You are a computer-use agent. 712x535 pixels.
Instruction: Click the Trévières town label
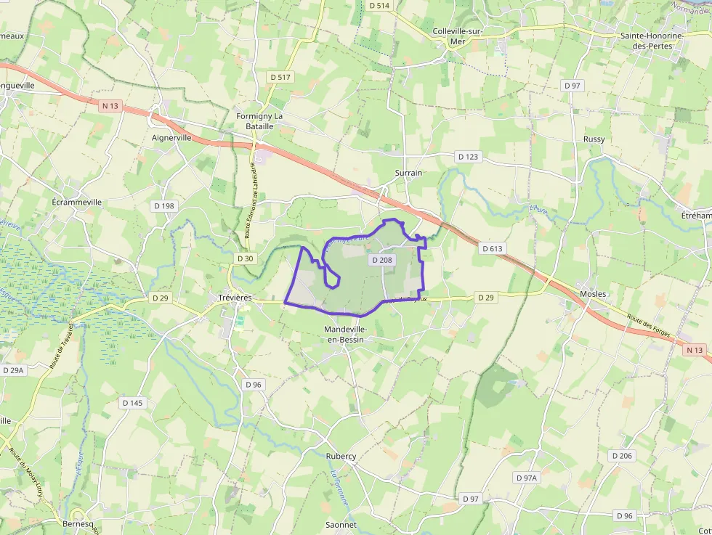tap(235, 297)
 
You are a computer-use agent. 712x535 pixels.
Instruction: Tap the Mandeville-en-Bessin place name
tap(346, 334)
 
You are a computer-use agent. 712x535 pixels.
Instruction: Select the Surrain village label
tap(408, 173)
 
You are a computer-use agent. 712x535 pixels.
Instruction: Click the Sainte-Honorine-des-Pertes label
tap(650, 40)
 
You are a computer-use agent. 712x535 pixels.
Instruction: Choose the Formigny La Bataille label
tap(259, 121)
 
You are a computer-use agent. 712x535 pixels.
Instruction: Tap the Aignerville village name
tap(171, 136)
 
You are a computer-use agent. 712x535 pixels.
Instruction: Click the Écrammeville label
tap(77, 202)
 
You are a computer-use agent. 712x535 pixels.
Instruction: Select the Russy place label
tap(594, 139)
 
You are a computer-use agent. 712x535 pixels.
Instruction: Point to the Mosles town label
tap(593, 293)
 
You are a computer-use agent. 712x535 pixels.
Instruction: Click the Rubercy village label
tap(341, 456)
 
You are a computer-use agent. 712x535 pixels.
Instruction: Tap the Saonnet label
tap(341, 524)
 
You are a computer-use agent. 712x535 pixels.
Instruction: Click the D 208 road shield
tap(381, 259)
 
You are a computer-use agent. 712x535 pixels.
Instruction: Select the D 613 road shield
tap(492, 248)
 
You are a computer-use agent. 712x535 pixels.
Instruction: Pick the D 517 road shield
tap(280, 77)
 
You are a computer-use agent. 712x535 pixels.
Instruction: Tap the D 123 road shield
tap(468, 156)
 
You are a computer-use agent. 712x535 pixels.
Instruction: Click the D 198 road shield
tap(164, 205)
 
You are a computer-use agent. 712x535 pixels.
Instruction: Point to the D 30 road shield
tap(246, 258)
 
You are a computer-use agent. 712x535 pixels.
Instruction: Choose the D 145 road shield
tap(132, 402)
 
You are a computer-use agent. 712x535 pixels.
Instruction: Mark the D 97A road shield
tap(527, 478)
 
